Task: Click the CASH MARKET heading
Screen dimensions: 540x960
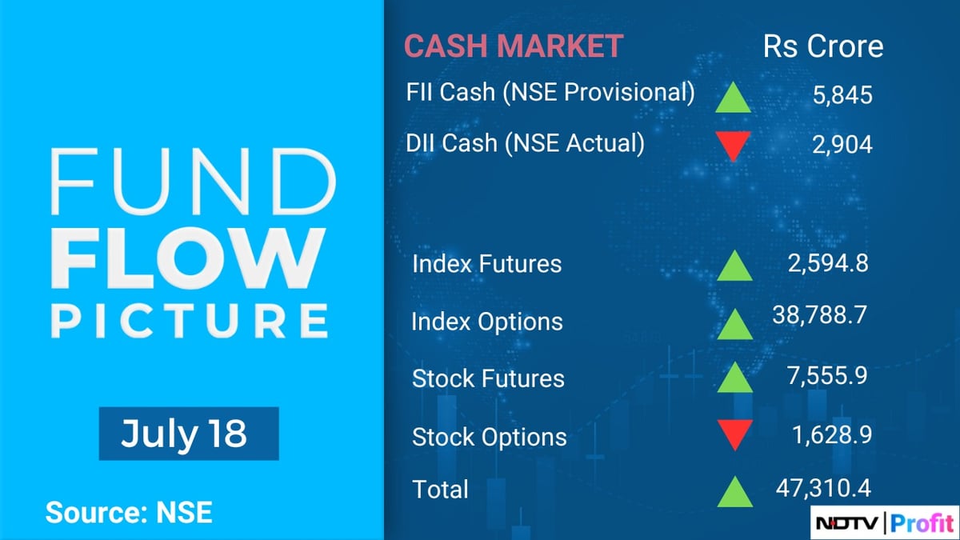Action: (513, 46)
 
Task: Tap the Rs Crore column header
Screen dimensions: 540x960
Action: (823, 46)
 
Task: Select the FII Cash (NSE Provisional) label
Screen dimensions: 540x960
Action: (550, 93)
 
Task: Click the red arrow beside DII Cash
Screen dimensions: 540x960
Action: (733, 146)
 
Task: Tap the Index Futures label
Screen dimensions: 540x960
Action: (486, 264)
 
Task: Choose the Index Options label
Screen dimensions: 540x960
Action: (486, 322)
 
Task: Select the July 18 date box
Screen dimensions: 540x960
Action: (188, 434)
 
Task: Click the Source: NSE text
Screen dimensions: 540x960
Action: (129, 512)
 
